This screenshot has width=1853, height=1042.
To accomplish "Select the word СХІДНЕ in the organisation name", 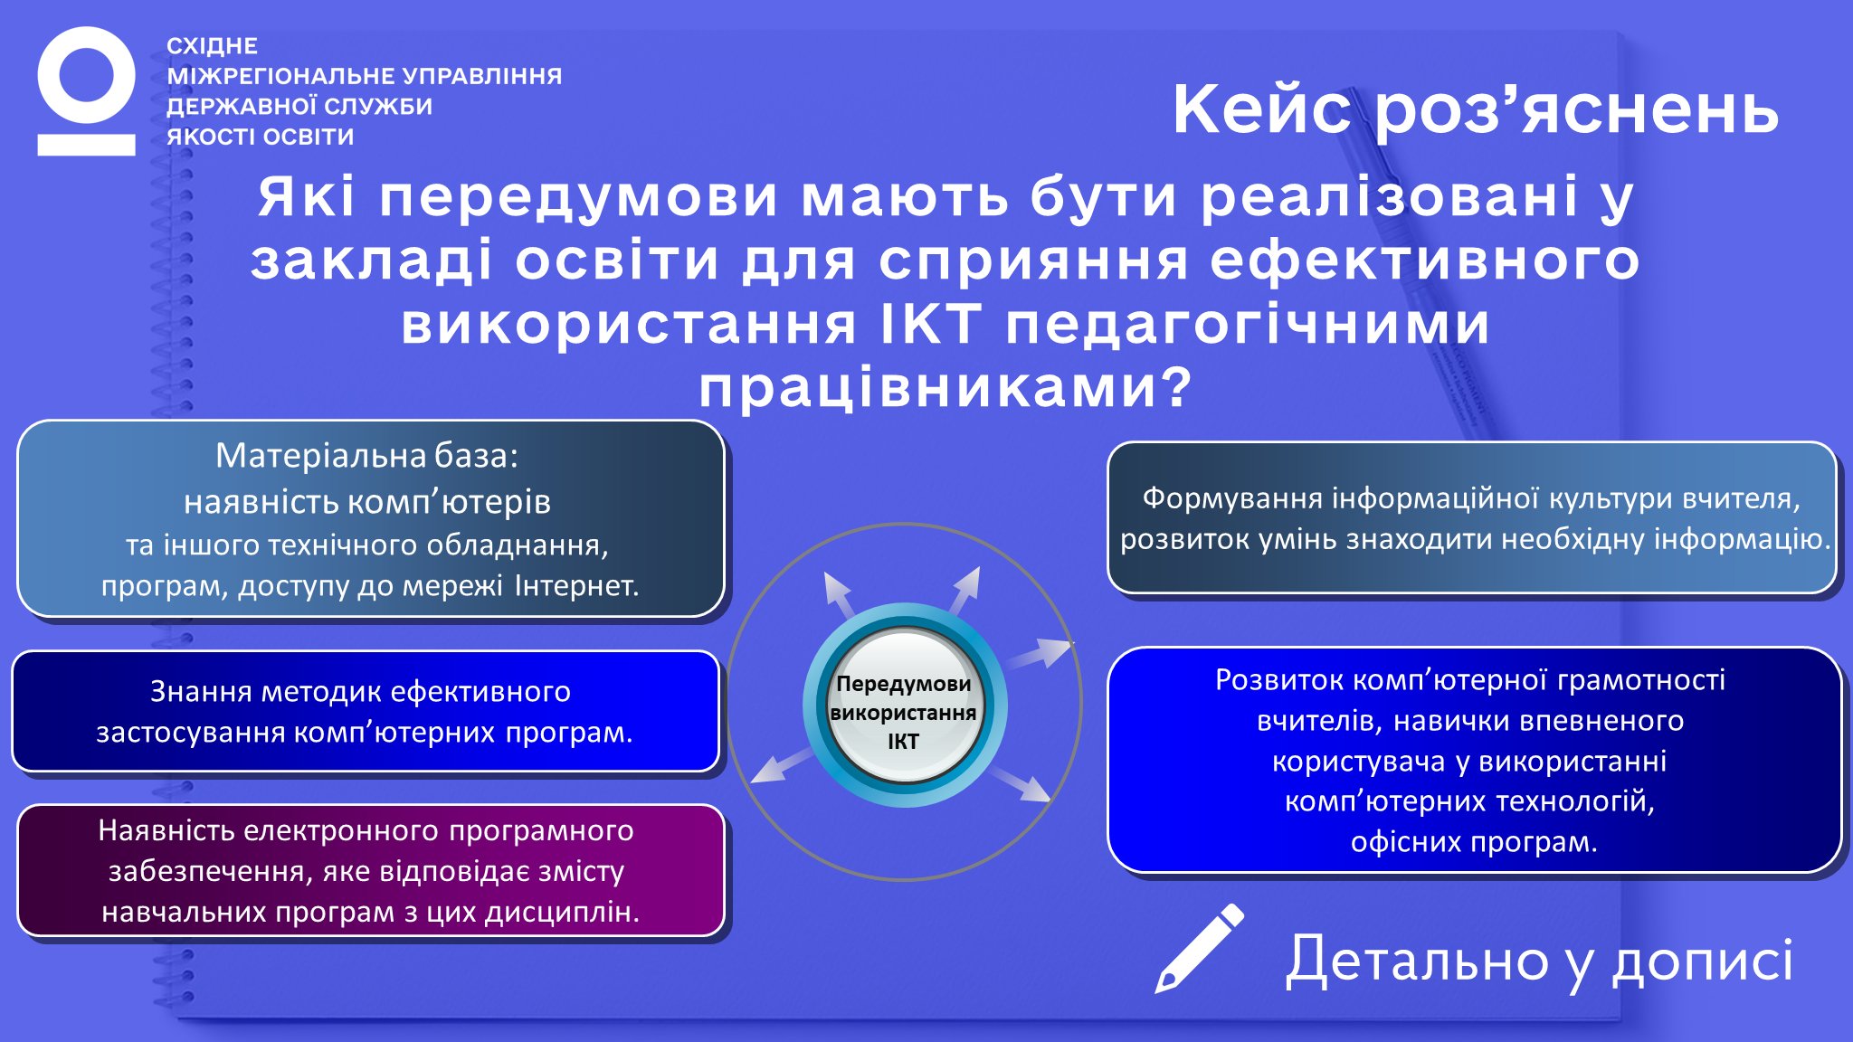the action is (213, 46).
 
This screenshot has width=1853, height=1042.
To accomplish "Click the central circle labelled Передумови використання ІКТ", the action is (904, 705).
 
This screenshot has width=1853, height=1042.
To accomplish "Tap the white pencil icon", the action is (1200, 948).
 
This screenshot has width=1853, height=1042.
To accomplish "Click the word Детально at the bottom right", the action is (1418, 960).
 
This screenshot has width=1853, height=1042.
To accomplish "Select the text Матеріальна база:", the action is (367, 456).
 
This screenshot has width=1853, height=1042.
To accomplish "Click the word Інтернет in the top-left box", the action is (576, 586).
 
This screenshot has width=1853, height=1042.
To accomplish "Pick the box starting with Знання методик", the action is (366, 711).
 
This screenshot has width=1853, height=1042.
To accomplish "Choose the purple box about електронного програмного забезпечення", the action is (371, 870).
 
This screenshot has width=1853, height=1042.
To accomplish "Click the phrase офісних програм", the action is (1474, 842).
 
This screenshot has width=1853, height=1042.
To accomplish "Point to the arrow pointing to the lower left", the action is (784, 765).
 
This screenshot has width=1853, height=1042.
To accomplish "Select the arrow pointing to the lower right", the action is (1021, 783).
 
